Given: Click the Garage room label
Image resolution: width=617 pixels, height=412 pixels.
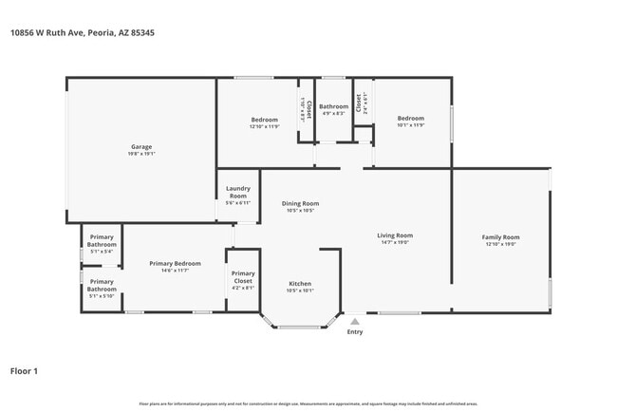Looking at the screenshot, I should pyautogui.click(x=141, y=147).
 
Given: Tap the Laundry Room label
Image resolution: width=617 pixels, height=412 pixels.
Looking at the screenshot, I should pyautogui.click(x=238, y=194).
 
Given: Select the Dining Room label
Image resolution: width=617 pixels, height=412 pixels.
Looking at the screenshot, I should pyautogui.click(x=301, y=203).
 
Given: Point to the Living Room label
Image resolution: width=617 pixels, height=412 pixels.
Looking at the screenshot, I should pyautogui.click(x=395, y=235).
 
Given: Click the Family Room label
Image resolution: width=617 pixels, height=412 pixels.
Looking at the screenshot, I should pyautogui.click(x=500, y=236).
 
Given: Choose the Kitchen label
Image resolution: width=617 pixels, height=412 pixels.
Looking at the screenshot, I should pyautogui.click(x=300, y=284).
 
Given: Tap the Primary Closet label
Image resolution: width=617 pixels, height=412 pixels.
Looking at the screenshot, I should pyautogui.click(x=243, y=278).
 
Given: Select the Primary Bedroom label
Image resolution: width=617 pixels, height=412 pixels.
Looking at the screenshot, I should pyautogui.click(x=175, y=263).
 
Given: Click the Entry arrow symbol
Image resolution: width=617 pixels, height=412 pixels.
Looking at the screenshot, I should pyautogui.click(x=354, y=321).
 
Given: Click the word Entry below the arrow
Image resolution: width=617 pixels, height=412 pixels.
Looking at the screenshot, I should pyautogui.click(x=354, y=331).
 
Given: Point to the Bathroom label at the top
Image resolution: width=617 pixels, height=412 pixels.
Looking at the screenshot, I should pyautogui.click(x=333, y=106).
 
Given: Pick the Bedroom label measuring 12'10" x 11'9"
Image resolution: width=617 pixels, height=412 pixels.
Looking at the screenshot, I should pyautogui.click(x=264, y=119).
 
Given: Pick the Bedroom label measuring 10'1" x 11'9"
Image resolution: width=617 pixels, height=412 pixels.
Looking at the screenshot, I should pyautogui.click(x=410, y=119).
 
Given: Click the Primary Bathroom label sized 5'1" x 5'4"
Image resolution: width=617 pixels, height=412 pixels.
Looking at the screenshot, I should pyautogui.click(x=102, y=240).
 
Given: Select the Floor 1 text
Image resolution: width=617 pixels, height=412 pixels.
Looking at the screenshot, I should pyautogui.click(x=24, y=371).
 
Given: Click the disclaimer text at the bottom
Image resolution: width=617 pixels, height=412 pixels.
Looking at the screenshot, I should pyautogui.click(x=308, y=403).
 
